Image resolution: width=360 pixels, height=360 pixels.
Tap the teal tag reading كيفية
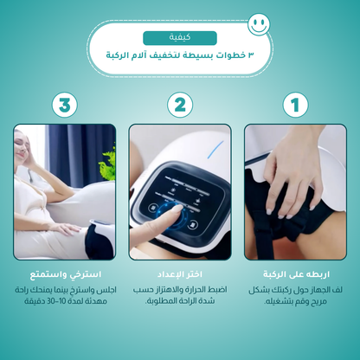(x=180, y=38)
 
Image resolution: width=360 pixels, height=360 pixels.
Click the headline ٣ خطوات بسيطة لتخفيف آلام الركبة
(x=180, y=55)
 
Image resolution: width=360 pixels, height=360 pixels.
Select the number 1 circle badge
(x=295, y=106)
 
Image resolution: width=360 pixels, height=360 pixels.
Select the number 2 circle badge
(x=180, y=106)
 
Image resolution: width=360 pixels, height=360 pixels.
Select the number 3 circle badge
(x=64, y=106)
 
